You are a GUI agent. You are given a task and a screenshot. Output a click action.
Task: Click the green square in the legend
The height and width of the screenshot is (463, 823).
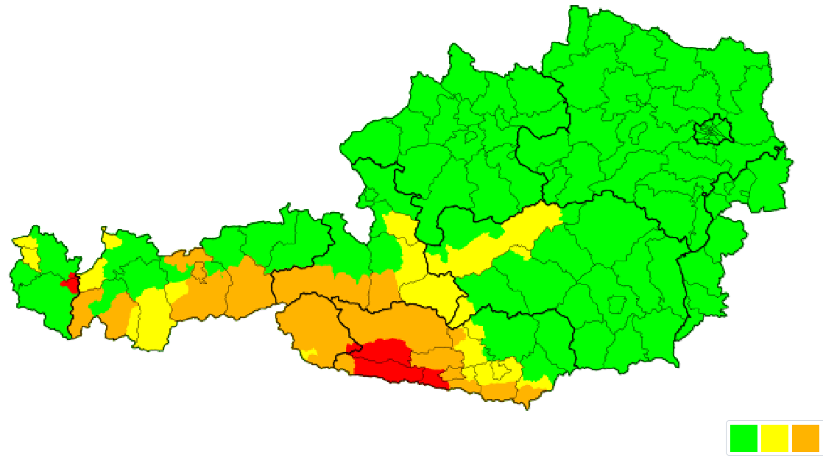[x=743, y=438]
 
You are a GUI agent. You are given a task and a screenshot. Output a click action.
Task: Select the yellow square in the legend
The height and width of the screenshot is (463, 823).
[x=774, y=438]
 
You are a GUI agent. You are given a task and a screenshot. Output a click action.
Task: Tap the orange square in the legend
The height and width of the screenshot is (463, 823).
[x=805, y=438]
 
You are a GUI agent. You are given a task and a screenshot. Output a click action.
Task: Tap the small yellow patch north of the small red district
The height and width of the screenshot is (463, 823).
[x=111, y=241]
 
